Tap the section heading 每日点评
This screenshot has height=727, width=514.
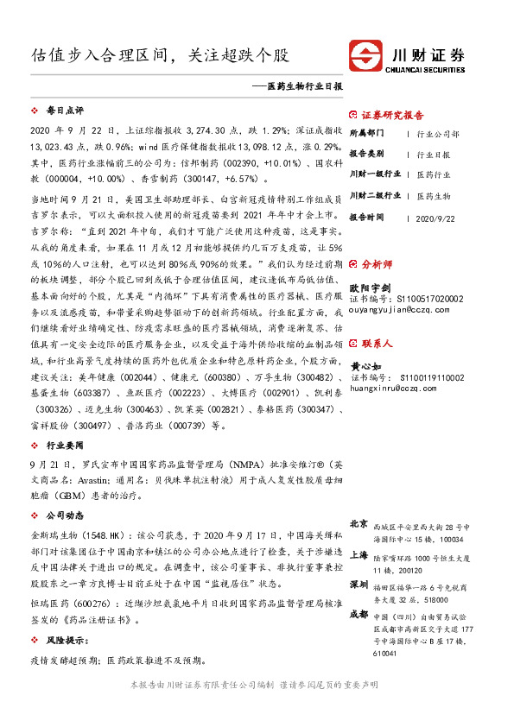tap(64, 111)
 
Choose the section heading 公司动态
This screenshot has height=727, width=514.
tap(64, 514)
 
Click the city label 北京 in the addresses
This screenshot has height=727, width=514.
tap(359, 524)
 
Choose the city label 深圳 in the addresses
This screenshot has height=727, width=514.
tap(359, 584)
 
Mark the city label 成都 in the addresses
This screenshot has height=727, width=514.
tap(359, 614)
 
